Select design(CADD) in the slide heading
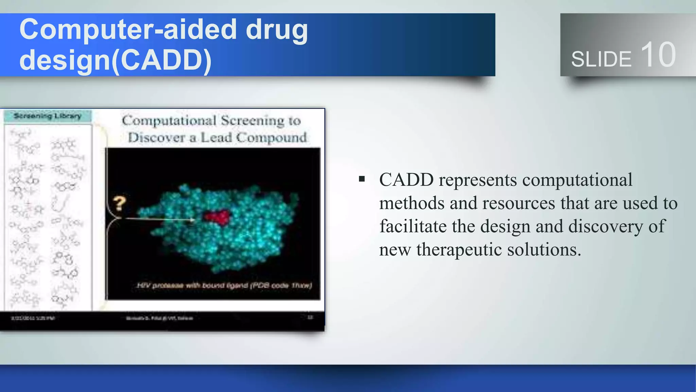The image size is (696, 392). (116, 60)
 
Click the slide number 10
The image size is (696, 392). (658, 55)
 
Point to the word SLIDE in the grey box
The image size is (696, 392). (601, 59)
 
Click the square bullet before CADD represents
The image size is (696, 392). (362, 179)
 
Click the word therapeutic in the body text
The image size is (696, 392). (459, 250)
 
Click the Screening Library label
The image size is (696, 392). (48, 116)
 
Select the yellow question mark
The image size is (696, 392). (119, 203)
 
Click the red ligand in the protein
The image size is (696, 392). (217, 217)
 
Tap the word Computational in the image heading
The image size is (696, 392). (169, 120)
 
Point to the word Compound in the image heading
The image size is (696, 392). (271, 137)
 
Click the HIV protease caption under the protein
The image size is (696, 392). (224, 285)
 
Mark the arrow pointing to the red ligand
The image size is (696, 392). (160, 219)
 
